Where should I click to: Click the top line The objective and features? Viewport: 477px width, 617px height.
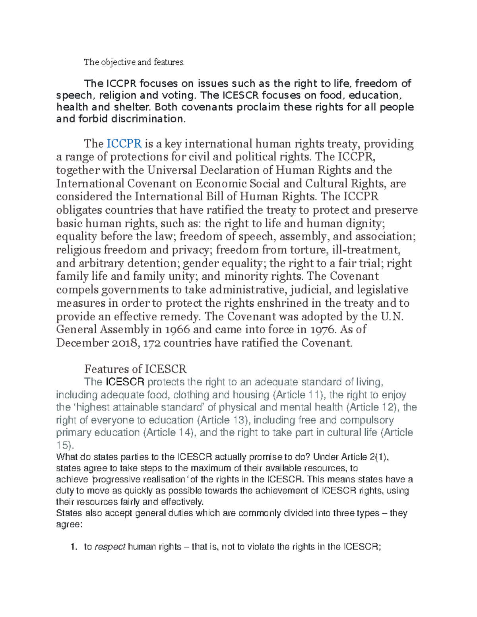(x=134, y=62)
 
